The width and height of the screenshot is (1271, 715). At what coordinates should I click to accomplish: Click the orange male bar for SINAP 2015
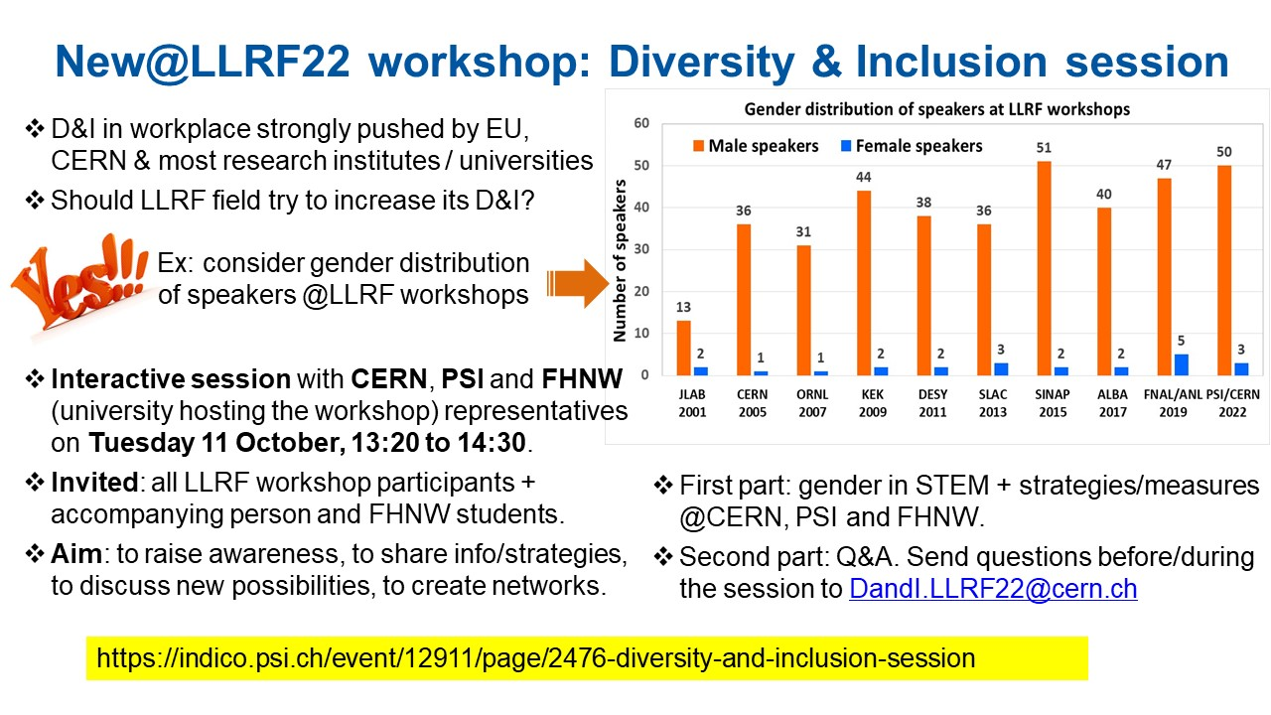(1044, 268)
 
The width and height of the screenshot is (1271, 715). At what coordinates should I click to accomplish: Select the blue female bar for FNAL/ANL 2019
(1181, 364)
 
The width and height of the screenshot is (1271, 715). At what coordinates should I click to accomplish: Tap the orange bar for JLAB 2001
(684, 348)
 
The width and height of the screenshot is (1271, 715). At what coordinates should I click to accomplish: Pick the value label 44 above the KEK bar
(863, 177)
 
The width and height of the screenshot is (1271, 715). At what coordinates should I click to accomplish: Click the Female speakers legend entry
(912, 146)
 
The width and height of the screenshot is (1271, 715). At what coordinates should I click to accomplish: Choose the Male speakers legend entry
(756, 146)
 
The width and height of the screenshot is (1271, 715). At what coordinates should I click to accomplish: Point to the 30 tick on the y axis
(641, 249)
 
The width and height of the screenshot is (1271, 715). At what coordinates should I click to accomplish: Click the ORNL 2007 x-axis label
(812, 403)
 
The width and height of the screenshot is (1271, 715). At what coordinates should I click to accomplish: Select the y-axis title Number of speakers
(620, 260)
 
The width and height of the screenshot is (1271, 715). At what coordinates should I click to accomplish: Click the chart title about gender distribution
(936, 109)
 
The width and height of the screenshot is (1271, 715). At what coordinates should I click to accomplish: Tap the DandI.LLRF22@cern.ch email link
(993, 589)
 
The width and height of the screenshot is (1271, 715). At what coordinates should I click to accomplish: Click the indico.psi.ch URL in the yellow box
(535, 658)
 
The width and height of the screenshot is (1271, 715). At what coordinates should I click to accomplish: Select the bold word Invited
(94, 483)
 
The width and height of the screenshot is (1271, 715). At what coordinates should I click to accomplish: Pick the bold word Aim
(76, 554)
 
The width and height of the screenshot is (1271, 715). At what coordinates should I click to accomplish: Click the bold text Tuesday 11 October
(216, 443)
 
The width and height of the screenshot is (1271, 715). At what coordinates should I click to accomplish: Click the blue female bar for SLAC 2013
(1001, 369)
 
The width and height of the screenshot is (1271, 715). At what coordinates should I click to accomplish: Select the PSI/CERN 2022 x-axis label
(1232, 403)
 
